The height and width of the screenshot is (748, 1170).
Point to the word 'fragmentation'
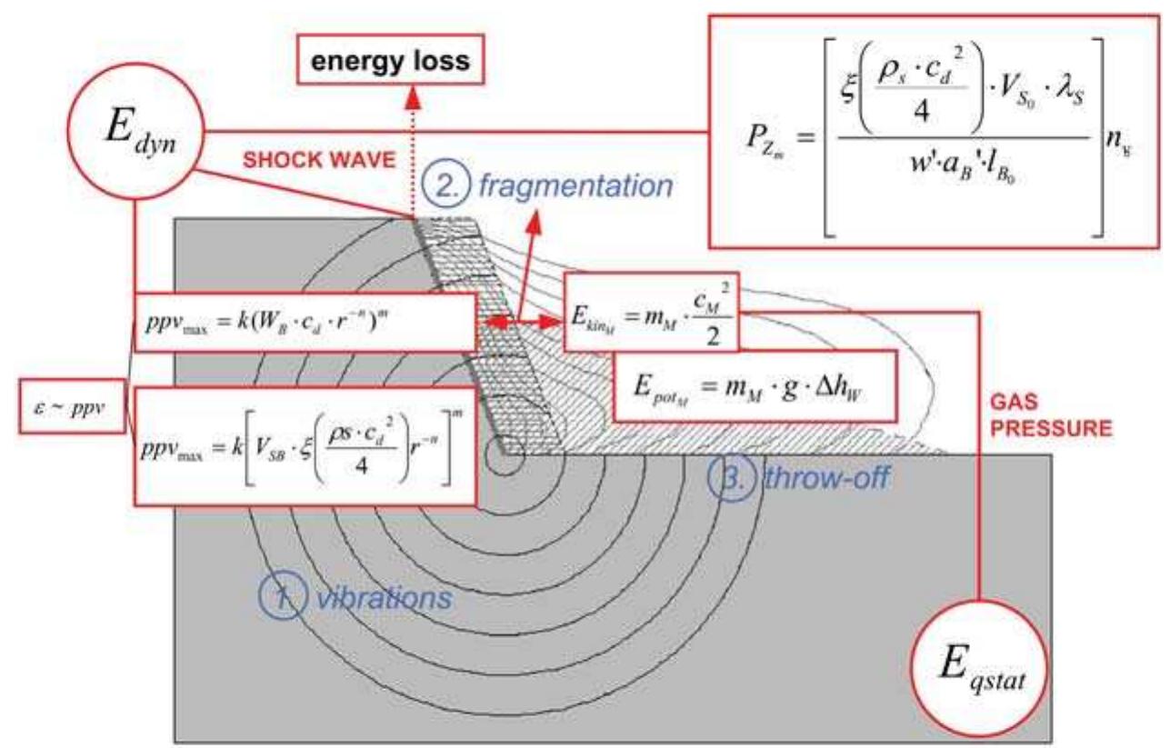click(601, 186)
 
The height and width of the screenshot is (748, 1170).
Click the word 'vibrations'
click(384, 599)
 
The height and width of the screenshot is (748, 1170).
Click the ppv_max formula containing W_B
click(305, 323)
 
